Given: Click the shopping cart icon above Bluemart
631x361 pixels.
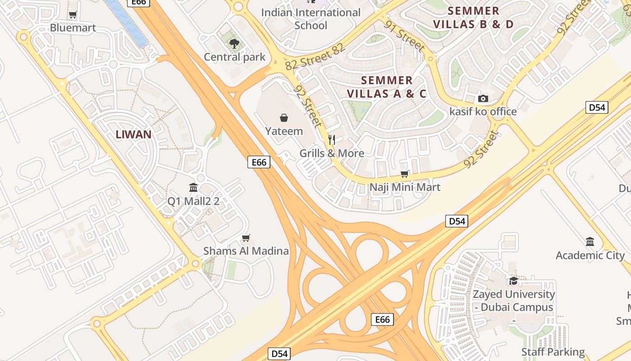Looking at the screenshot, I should click(x=73, y=15).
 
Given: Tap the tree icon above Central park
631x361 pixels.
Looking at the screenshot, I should click(x=234, y=44).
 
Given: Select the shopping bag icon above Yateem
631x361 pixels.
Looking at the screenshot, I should click(x=284, y=118).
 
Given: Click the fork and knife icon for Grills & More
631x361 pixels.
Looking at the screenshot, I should click(x=332, y=139).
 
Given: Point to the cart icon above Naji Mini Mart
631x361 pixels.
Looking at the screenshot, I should click(x=405, y=174).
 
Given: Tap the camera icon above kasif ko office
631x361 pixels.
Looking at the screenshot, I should click(x=483, y=98).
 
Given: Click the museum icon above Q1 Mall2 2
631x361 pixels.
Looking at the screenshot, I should click(x=193, y=187).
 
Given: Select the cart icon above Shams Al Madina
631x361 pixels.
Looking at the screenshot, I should click(x=246, y=238).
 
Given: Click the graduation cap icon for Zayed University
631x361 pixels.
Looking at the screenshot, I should click(x=513, y=281).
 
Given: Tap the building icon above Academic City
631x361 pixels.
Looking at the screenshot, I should click(x=590, y=242).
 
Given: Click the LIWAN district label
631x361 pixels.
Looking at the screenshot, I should click(x=133, y=134).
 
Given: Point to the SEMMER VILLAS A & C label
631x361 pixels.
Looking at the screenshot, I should click(x=387, y=87).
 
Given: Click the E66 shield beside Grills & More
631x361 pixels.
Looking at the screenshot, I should click(x=259, y=162).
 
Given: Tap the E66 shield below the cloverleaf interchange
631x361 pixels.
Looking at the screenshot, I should click(x=382, y=319).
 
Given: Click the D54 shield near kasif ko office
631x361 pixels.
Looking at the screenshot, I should click(x=597, y=107).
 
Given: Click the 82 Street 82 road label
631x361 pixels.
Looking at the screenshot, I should click(x=315, y=57).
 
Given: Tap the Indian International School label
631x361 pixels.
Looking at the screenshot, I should click(x=311, y=19).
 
